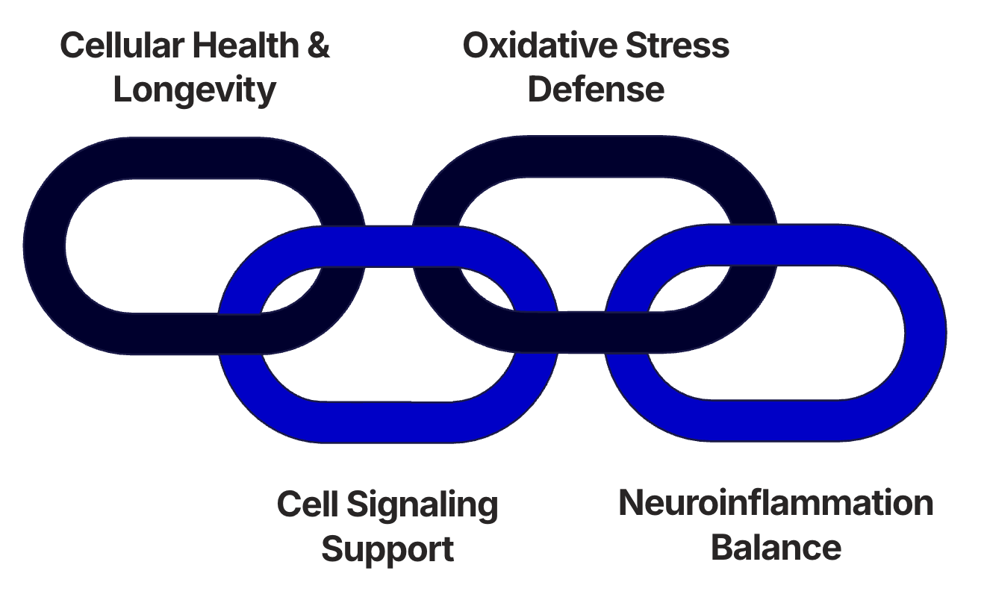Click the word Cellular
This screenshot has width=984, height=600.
[x=122, y=46]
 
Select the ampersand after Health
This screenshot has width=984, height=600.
[x=318, y=46]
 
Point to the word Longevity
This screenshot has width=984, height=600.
[x=195, y=90]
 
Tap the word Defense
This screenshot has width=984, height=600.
[x=596, y=90]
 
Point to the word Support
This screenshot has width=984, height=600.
[x=387, y=550]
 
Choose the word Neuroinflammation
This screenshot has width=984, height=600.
[x=776, y=504]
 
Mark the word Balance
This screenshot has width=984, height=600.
[x=776, y=549]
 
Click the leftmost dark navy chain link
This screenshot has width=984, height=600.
[x=45, y=246]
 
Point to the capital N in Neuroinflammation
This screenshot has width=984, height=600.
[x=632, y=504]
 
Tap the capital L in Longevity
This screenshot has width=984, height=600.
[x=122, y=90]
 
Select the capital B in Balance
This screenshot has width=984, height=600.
[x=722, y=549]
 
